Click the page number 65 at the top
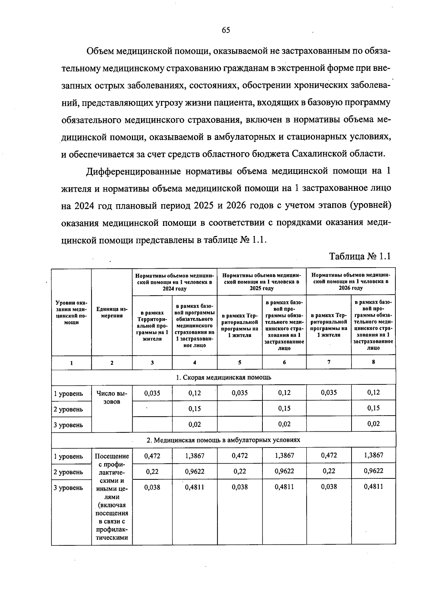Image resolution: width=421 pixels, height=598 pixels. pyautogui.click(x=226, y=30)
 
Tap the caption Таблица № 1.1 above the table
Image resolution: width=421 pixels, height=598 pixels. pyautogui.click(x=360, y=256)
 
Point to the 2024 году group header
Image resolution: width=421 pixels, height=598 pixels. pyautogui.click(x=174, y=282)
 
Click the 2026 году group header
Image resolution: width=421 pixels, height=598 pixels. pyautogui.click(x=350, y=282)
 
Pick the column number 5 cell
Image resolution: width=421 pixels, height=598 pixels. pyautogui.click(x=240, y=362)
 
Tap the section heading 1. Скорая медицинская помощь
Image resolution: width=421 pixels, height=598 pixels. pyautogui.click(x=223, y=377)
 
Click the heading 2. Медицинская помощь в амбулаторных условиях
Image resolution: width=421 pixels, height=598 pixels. pyautogui.click(x=223, y=440)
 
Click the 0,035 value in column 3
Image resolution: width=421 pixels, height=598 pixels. pyautogui.click(x=152, y=393)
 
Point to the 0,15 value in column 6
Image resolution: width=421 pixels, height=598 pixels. pyautogui.click(x=284, y=409)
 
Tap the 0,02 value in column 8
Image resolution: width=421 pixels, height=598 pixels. pyautogui.click(x=373, y=424)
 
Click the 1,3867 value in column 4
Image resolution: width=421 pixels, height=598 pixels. pyautogui.click(x=194, y=456)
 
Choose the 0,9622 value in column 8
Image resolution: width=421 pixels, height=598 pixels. pyautogui.click(x=373, y=471)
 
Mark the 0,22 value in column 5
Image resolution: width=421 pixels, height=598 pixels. pyautogui.click(x=240, y=471)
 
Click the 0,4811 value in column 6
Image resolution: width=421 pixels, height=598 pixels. pyautogui.click(x=284, y=487)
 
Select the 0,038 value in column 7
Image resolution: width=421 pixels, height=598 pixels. pyautogui.click(x=329, y=486)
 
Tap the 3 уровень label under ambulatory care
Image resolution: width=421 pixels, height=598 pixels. pyautogui.click(x=68, y=488)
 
